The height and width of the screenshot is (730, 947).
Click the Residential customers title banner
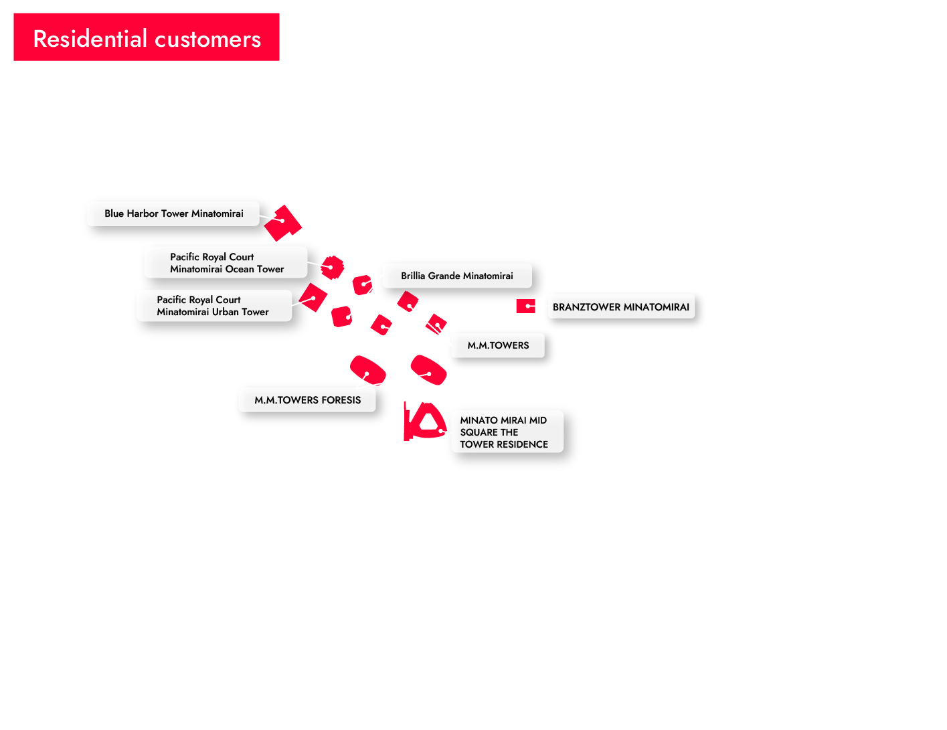point(147,37)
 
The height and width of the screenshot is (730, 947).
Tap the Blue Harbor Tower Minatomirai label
point(173,213)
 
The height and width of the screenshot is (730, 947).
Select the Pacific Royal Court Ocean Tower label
point(226,263)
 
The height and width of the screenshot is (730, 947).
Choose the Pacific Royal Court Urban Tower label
point(213,306)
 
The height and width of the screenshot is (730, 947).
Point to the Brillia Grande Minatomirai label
point(456,276)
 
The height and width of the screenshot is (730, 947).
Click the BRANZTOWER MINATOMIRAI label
point(620,307)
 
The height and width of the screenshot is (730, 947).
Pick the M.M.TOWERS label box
point(497,345)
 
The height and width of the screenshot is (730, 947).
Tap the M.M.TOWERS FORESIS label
point(307,400)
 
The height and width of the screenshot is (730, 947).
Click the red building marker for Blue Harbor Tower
point(283,222)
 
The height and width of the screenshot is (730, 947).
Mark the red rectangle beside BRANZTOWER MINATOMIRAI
point(525,306)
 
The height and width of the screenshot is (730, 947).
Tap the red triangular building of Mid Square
point(423,422)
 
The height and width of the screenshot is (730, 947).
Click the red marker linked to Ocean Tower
point(332,267)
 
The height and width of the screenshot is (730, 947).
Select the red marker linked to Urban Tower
point(313,298)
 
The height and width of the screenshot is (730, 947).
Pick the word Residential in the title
point(90,39)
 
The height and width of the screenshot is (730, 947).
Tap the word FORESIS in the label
point(341,400)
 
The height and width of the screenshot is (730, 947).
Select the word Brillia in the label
point(413,276)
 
